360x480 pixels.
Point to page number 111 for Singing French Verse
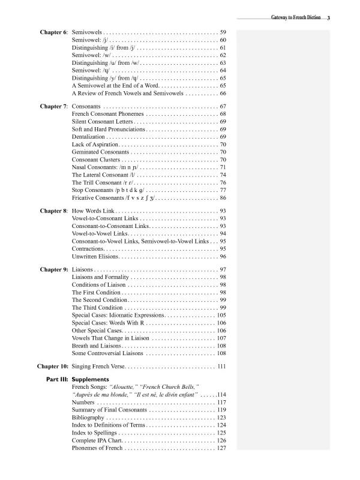(221, 366)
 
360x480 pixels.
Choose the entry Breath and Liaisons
(98, 346)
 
